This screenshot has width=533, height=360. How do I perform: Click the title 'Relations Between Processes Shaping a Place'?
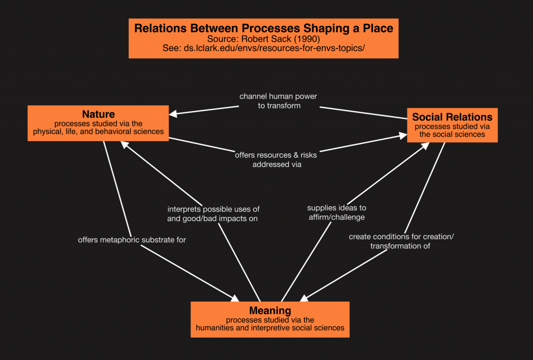click(x=263, y=28)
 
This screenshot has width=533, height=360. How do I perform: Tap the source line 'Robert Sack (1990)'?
click(x=263, y=39)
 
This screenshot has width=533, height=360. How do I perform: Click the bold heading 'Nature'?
click(x=98, y=114)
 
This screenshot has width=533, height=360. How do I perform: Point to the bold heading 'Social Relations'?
click(x=452, y=117)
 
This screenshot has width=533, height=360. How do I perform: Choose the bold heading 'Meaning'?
click(x=270, y=311)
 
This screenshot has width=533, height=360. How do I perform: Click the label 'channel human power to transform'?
click(x=278, y=101)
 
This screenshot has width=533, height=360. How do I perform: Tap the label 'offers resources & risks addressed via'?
click(x=276, y=159)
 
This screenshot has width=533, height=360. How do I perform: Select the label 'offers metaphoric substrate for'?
click(x=132, y=240)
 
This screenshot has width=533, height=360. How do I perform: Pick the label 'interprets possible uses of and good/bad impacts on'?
click(x=212, y=214)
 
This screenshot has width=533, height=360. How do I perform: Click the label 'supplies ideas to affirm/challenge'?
click(x=336, y=212)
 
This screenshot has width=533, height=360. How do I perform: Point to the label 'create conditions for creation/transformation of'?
click(x=401, y=241)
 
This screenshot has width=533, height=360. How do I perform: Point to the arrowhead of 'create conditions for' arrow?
click(x=302, y=297)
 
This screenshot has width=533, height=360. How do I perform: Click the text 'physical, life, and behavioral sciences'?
click(x=98, y=131)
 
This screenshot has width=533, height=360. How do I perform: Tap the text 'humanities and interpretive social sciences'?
click(x=270, y=328)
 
